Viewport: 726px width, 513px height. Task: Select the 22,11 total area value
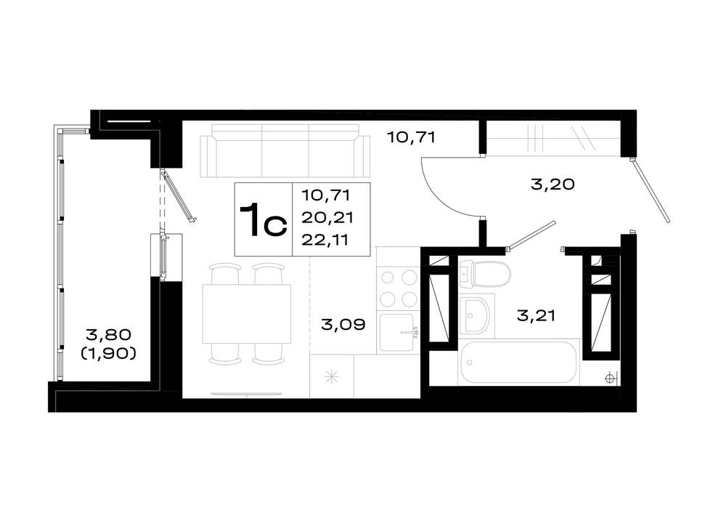coord(325,240)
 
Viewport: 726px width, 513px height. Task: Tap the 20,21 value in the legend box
coord(327,217)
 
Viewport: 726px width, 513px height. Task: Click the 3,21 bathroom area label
coord(536,316)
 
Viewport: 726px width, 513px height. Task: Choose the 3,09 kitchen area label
coord(343,324)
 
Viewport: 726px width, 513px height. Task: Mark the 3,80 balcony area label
coord(108,334)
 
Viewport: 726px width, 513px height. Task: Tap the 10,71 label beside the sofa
coord(412,137)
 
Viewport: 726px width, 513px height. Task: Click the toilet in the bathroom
coord(485,275)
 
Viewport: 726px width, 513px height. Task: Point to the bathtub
coord(518,362)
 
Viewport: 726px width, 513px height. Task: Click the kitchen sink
coord(397,332)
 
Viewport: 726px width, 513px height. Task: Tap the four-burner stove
coord(398,288)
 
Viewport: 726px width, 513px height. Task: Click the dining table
coord(246,314)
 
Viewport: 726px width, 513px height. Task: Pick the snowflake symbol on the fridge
coord(332,376)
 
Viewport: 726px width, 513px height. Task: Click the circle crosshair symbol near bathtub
coord(611,379)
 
